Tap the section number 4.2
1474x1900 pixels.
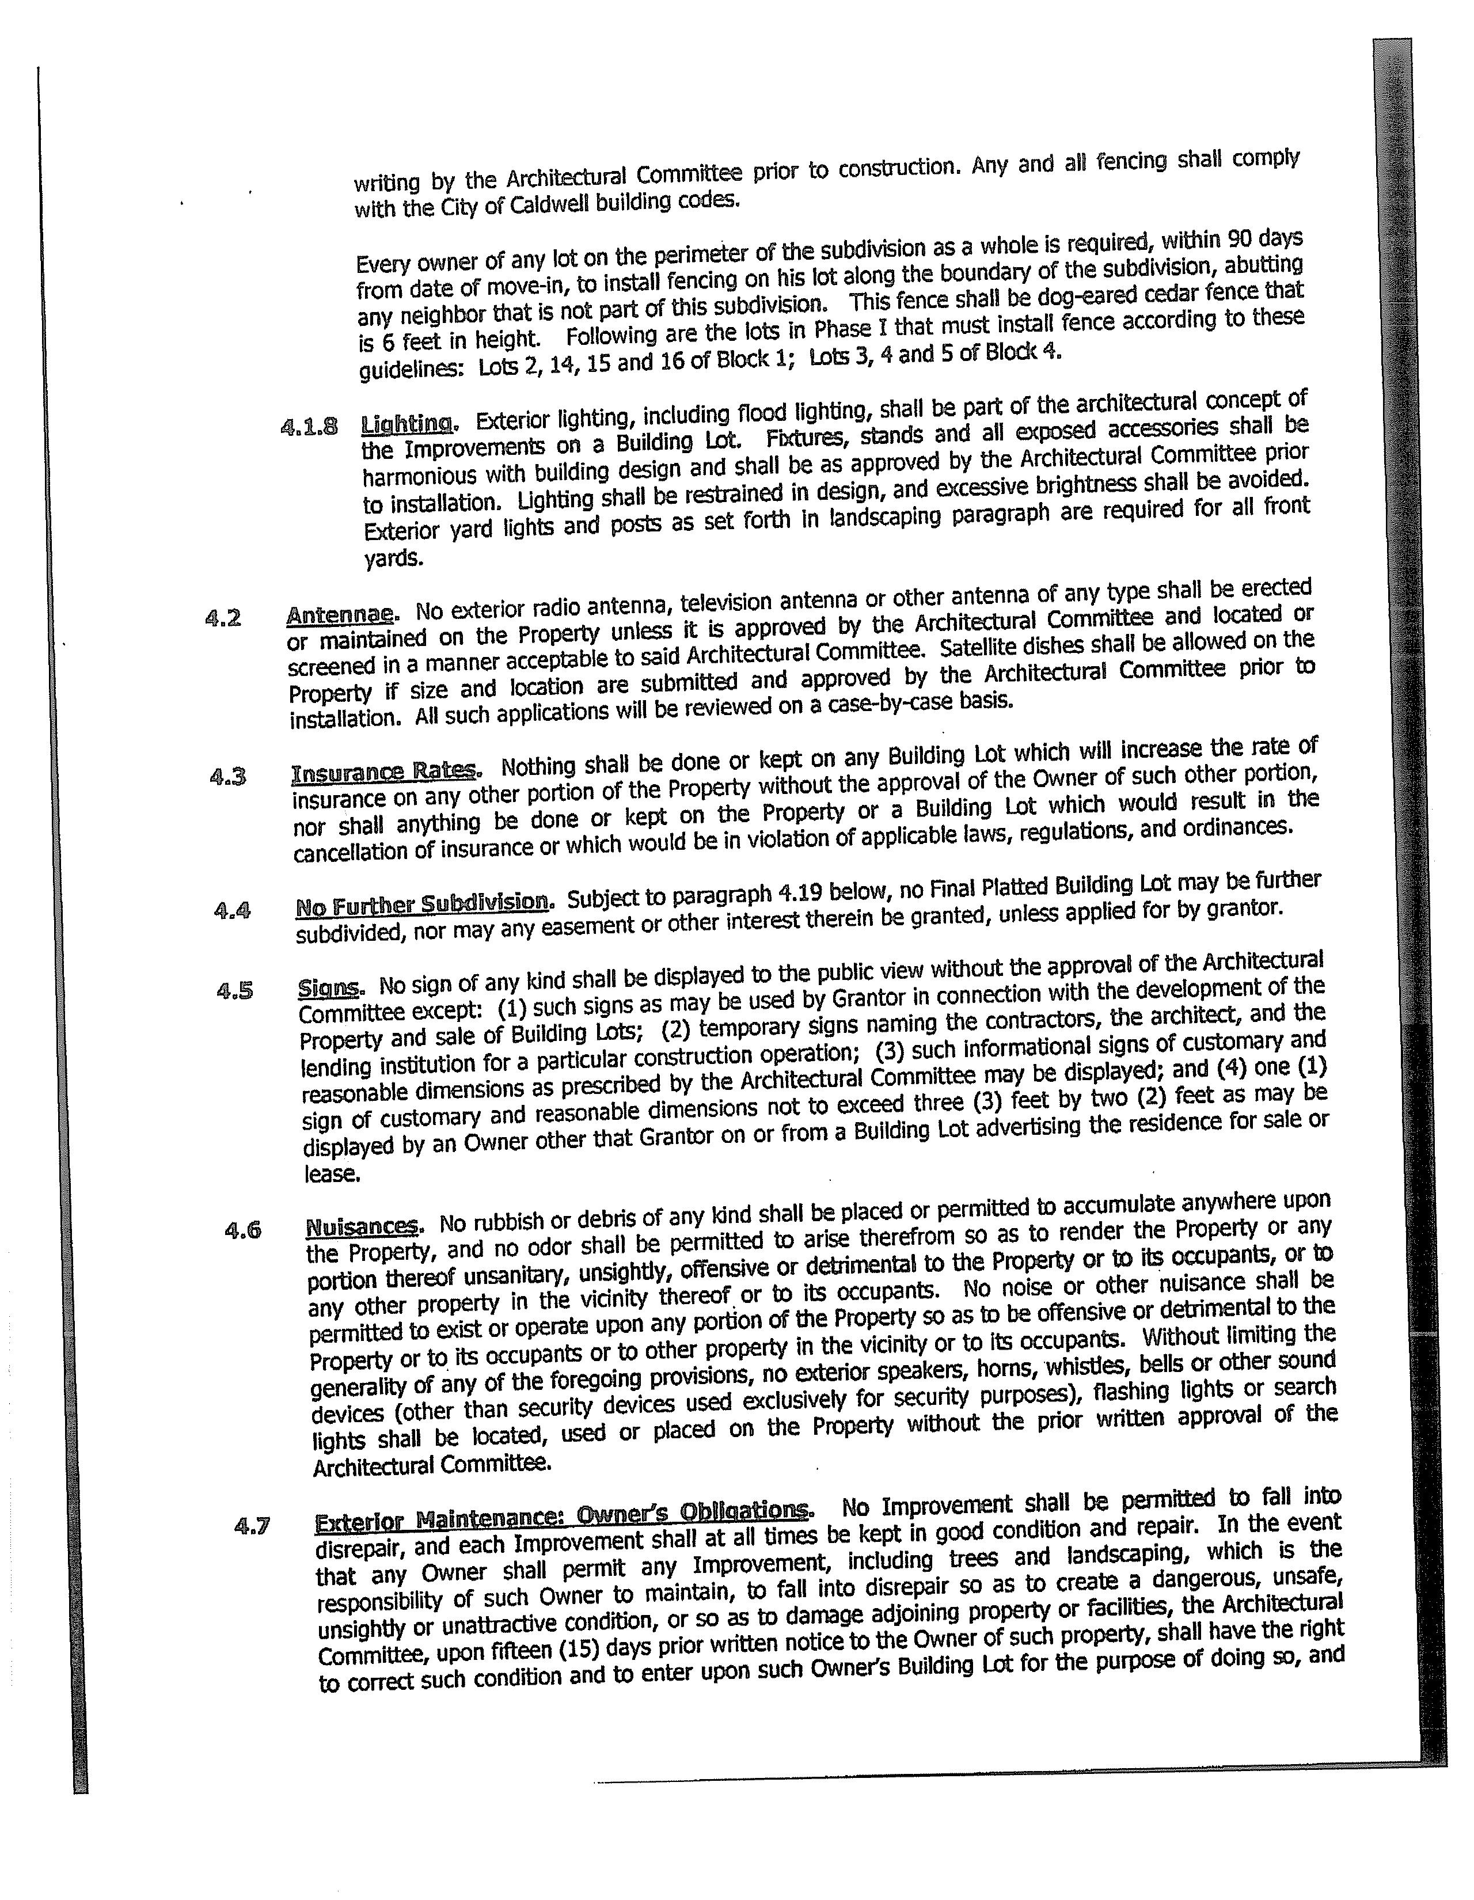point(223,618)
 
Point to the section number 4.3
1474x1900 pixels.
point(228,775)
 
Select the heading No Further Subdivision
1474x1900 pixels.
point(423,905)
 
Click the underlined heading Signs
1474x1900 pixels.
point(330,987)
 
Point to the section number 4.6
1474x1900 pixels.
point(243,1230)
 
